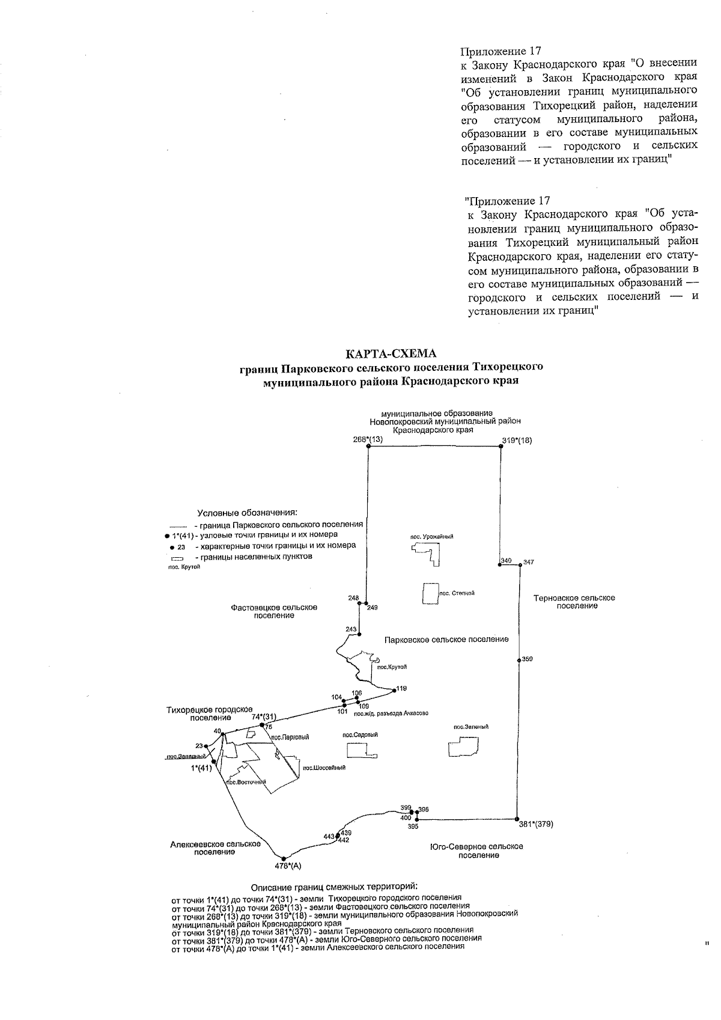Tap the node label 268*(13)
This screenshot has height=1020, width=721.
tap(368, 439)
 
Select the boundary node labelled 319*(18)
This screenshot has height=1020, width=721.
tap(502, 448)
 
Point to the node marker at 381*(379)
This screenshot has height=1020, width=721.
tap(517, 819)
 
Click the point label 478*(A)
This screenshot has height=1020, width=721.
tap(287, 866)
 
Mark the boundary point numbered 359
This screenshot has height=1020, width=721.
tap(520, 660)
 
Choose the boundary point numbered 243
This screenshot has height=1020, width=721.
tap(359, 634)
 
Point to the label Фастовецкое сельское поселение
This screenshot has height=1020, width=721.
tap(274, 611)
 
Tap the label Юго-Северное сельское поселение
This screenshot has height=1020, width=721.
tap(476, 851)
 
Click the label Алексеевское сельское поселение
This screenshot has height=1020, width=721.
tap(215, 848)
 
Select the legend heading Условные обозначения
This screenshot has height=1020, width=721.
tap(248, 513)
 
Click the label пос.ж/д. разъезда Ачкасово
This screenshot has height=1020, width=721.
tap(391, 713)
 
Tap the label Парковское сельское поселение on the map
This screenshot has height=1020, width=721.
tap(446, 640)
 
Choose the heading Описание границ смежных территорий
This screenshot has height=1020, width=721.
tap(333, 887)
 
